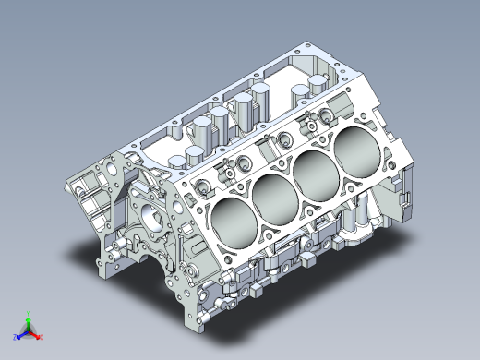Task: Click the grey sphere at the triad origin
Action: pyautogui.click(x=28, y=330)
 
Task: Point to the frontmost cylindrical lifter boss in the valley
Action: pyautogui.click(x=195, y=153)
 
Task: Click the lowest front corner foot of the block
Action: pyautogui.click(x=198, y=322)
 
